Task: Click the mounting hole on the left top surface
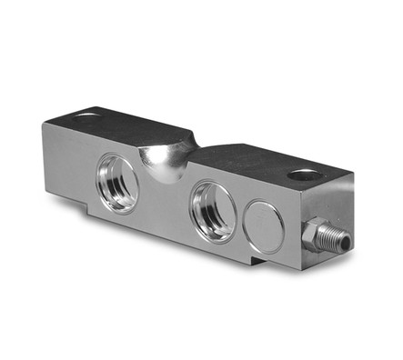click(x=87, y=116)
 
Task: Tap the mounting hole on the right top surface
click(x=303, y=175)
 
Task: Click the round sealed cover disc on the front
click(x=264, y=226)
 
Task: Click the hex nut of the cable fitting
click(x=317, y=235)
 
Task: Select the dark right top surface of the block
click(x=264, y=164)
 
